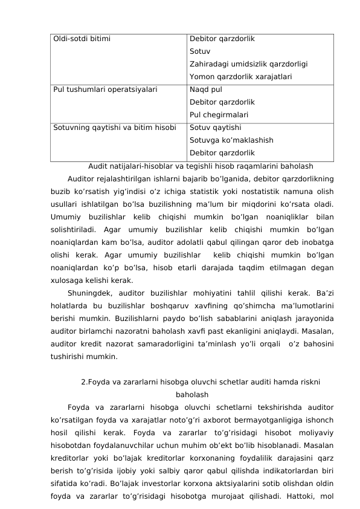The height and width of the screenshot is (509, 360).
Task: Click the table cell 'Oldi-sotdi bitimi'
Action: pyautogui.click(x=82, y=39)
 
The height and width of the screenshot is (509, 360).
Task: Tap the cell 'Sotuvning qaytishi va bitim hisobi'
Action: pyautogui.click(x=115, y=128)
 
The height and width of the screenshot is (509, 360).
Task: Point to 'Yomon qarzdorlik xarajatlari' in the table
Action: pyautogui.click(x=241, y=77)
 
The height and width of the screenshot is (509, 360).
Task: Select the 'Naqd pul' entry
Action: pyautogui.click(x=206, y=90)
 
